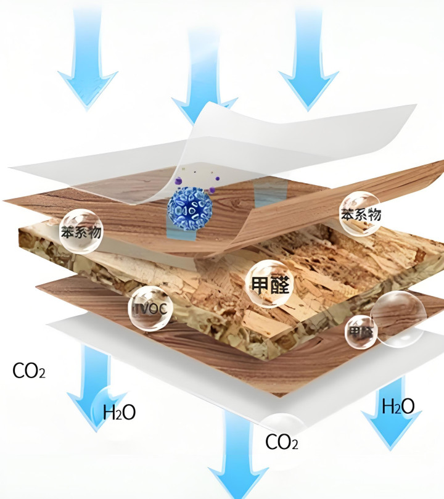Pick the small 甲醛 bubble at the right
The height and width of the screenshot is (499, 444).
[360, 331]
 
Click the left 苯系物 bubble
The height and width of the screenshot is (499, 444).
[81, 231]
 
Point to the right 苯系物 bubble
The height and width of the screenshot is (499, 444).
[360, 213]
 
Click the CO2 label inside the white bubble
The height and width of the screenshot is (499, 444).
[282, 441]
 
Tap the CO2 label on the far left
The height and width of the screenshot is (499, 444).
[28, 371]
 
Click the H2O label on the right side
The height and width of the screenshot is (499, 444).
[398, 406]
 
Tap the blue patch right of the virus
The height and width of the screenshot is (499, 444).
[266, 194]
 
